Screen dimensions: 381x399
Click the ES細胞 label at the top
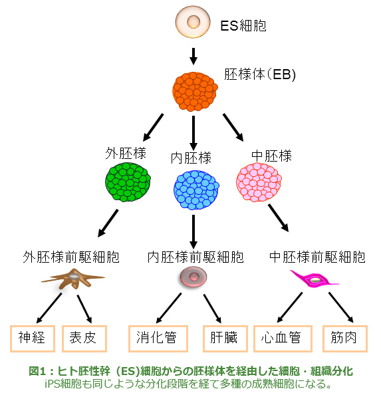coord(243,25)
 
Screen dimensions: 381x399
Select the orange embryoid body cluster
coord(195,92)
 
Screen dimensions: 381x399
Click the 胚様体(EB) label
coord(260,74)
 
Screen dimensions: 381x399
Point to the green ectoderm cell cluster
coord(128,182)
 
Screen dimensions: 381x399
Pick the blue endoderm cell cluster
coord(196,190)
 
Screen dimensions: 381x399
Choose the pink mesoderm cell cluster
coord(259,182)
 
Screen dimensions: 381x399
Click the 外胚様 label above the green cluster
coord(126,153)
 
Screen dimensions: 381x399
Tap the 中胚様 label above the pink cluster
coord(271,156)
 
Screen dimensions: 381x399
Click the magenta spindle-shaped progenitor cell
coord(315,280)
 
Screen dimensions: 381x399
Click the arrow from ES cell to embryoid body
coord(193,57)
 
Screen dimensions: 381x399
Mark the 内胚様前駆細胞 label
coord(195,257)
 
